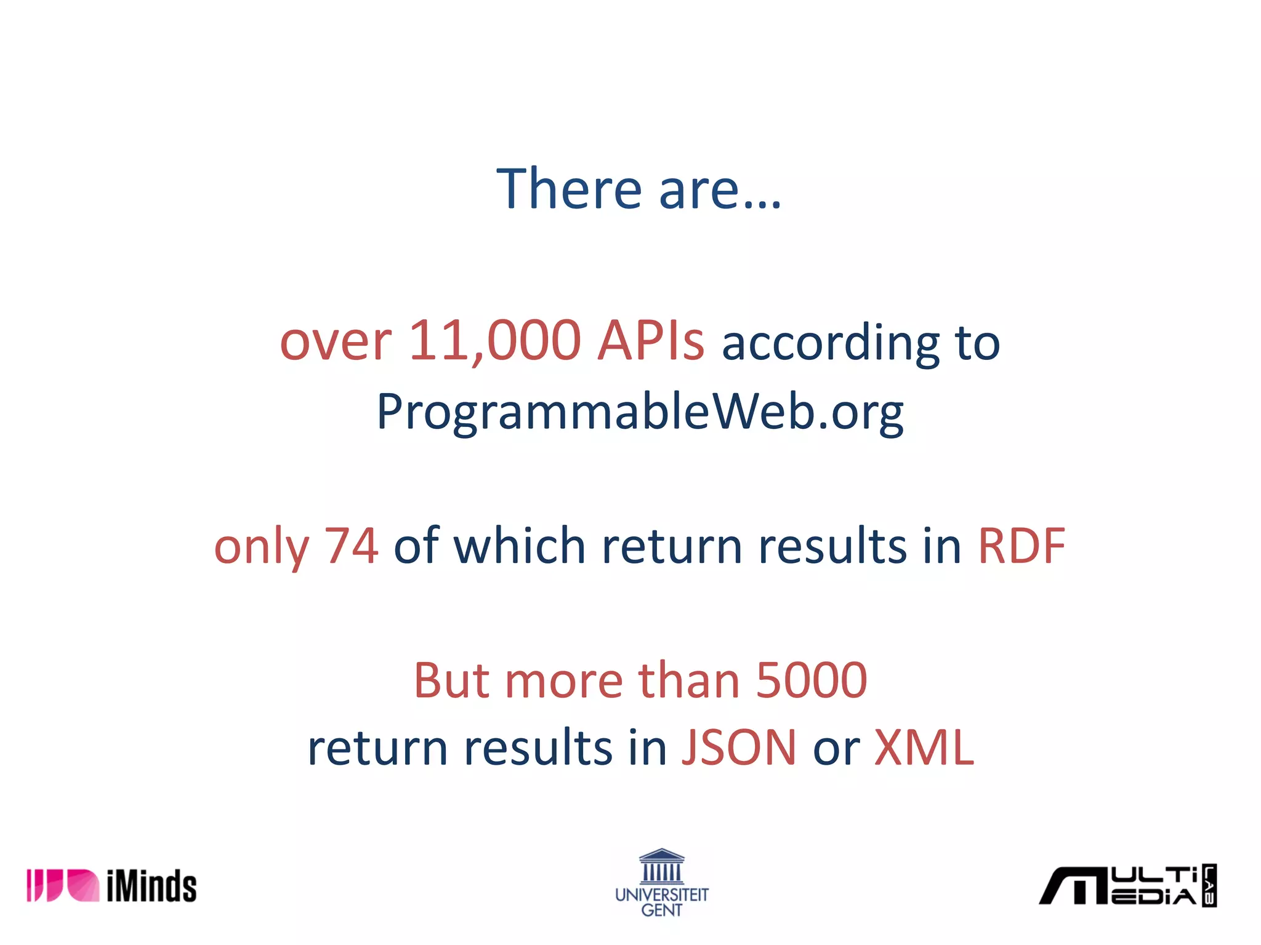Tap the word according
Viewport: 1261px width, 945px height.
tap(831, 343)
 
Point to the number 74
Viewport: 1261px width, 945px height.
tap(351, 546)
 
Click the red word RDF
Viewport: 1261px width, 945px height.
tap(1021, 546)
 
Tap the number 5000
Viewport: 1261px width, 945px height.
tap(811, 680)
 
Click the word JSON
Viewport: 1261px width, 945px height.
tap(739, 748)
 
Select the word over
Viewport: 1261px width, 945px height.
tap(336, 342)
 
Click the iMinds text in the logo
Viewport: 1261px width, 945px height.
tap(151, 886)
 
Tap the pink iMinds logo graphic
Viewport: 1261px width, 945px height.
tap(62, 886)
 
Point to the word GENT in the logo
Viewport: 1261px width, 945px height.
tap(662, 910)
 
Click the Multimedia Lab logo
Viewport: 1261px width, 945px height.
tap(1127, 886)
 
